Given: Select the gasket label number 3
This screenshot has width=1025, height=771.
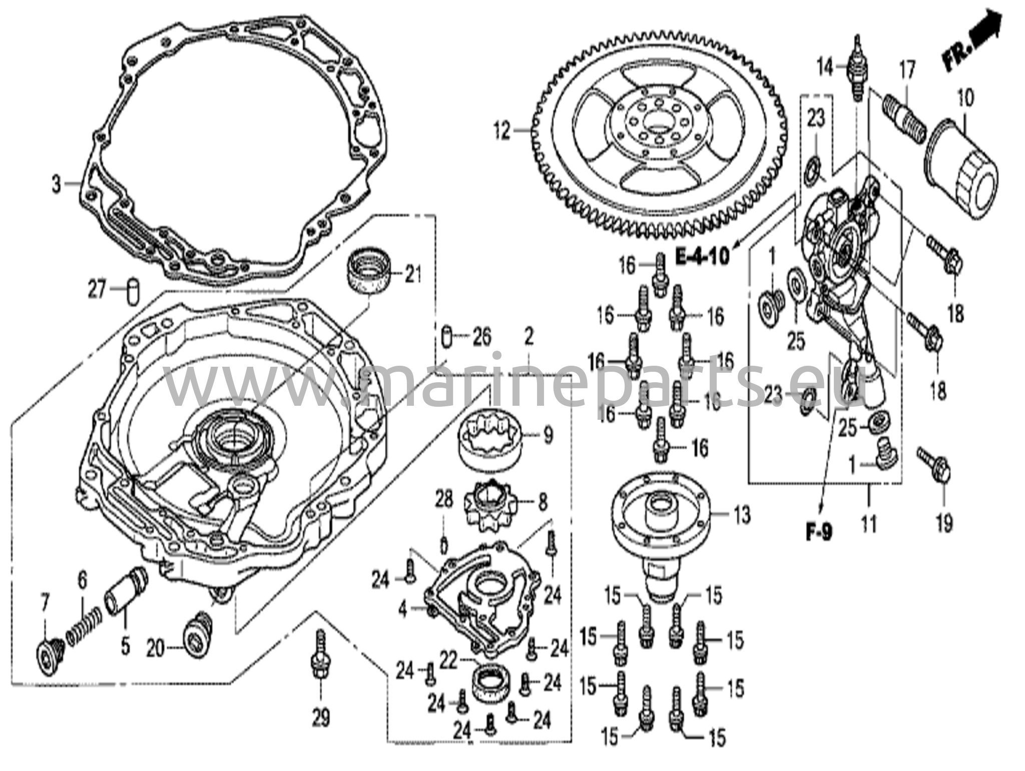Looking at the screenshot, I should (x=57, y=185).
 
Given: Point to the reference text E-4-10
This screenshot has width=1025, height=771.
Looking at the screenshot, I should (x=702, y=257).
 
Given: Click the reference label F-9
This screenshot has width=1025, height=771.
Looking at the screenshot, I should (x=819, y=532).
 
